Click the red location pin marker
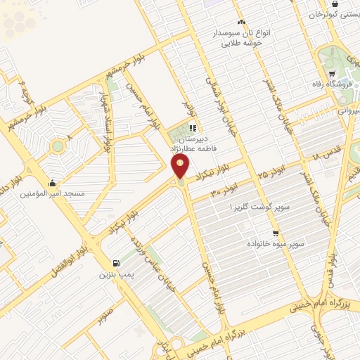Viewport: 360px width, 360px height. (x=180, y=167)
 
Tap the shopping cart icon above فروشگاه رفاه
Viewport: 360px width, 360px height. (x=330, y=75)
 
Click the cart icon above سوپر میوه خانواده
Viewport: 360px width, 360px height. (x=276, y=233)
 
